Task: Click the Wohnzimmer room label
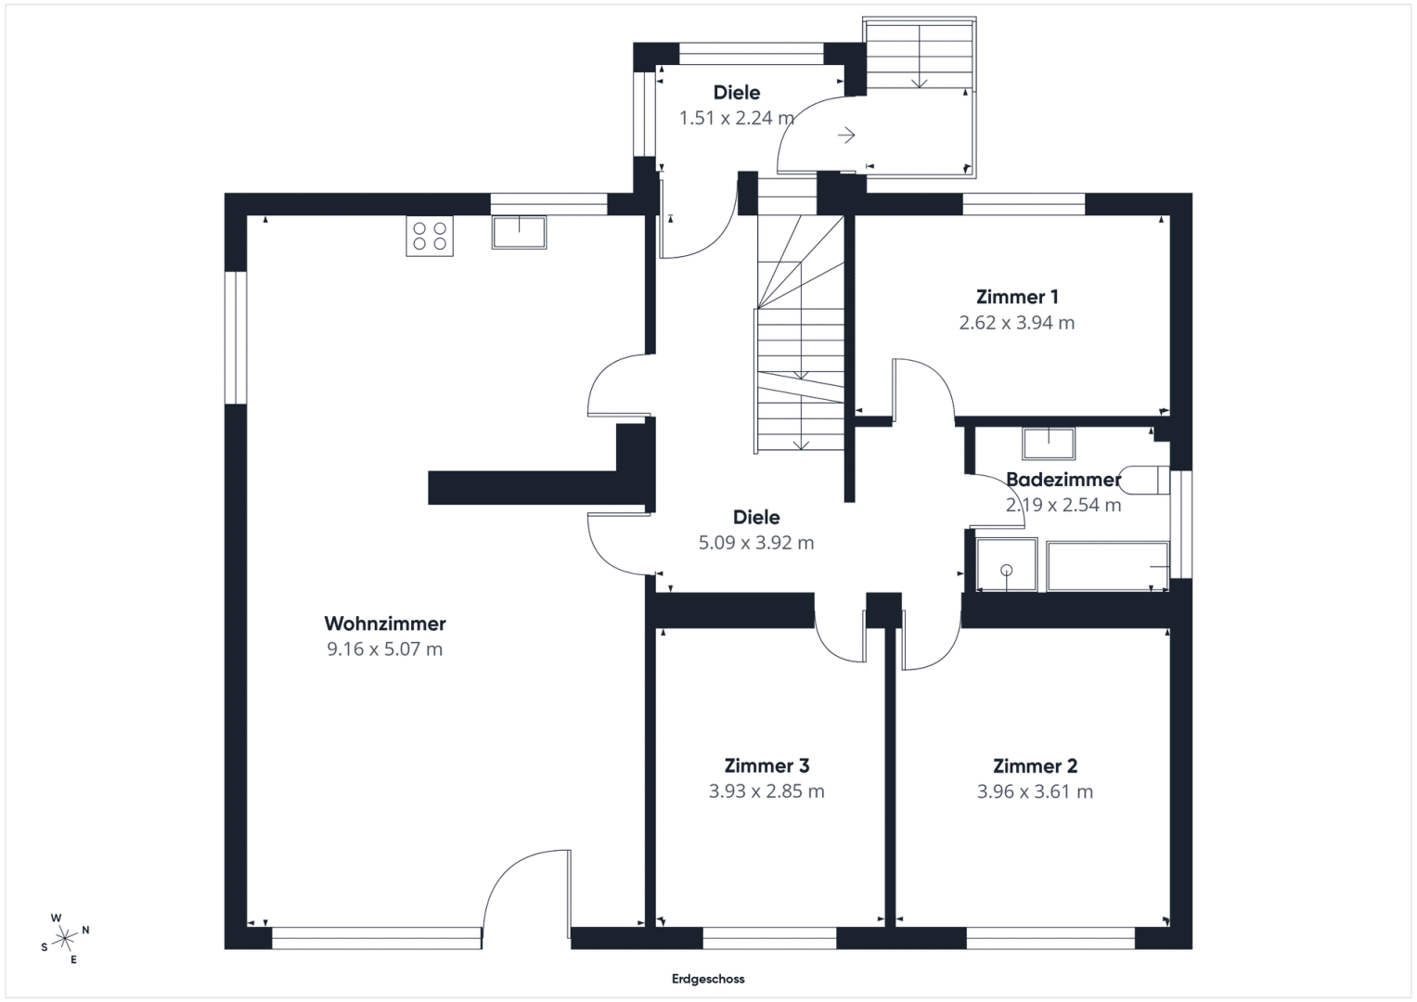384,623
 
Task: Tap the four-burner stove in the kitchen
430,236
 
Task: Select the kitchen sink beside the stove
520,232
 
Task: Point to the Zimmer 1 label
1016,297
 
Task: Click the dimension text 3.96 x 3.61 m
1035,791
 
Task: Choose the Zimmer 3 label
766,765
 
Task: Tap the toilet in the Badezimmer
1145,481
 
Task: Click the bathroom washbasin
1049,443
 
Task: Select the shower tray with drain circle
1007,565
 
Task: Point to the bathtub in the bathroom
1108,566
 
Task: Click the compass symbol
65,939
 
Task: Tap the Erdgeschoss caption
708,979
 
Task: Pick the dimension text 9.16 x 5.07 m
384,649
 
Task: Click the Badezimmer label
1063,480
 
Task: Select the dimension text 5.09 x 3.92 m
756,543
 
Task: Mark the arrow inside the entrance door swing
846,135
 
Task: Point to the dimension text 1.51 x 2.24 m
736,119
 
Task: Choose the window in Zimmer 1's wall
1024,204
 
